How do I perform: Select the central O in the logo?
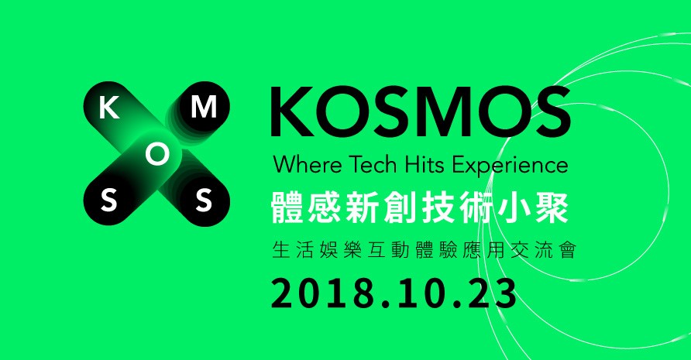[156, 156]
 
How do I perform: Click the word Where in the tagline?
[299, 165]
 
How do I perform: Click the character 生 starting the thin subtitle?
[281, 251]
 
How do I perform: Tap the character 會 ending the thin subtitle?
[566, 251]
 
